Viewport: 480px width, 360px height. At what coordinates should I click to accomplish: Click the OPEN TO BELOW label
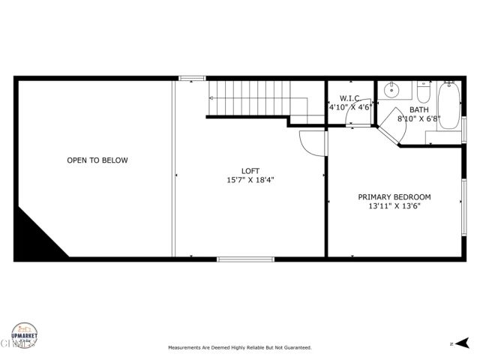point(97,160)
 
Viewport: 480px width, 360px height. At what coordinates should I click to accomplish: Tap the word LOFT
point(250,171)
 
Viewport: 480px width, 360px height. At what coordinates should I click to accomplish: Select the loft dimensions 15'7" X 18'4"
point(250,181)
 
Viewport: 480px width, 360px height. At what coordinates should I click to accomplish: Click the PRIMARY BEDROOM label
point(394,197)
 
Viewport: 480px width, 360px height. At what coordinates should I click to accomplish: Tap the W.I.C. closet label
point(351,98)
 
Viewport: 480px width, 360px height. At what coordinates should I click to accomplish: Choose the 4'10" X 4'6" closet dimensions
point(350,108)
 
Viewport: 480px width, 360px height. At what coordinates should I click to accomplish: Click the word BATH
point(419,109)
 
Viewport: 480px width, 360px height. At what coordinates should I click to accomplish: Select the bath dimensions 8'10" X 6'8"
point(419,118)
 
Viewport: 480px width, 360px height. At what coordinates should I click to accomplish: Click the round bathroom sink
point(391,91)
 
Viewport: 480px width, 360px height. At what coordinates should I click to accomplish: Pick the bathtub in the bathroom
point(449,104)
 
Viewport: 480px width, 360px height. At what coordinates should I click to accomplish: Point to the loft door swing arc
point(310,142)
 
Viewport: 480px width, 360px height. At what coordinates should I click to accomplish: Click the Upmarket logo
point(24,336)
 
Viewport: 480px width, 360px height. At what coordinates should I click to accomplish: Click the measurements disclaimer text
point(239,348)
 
